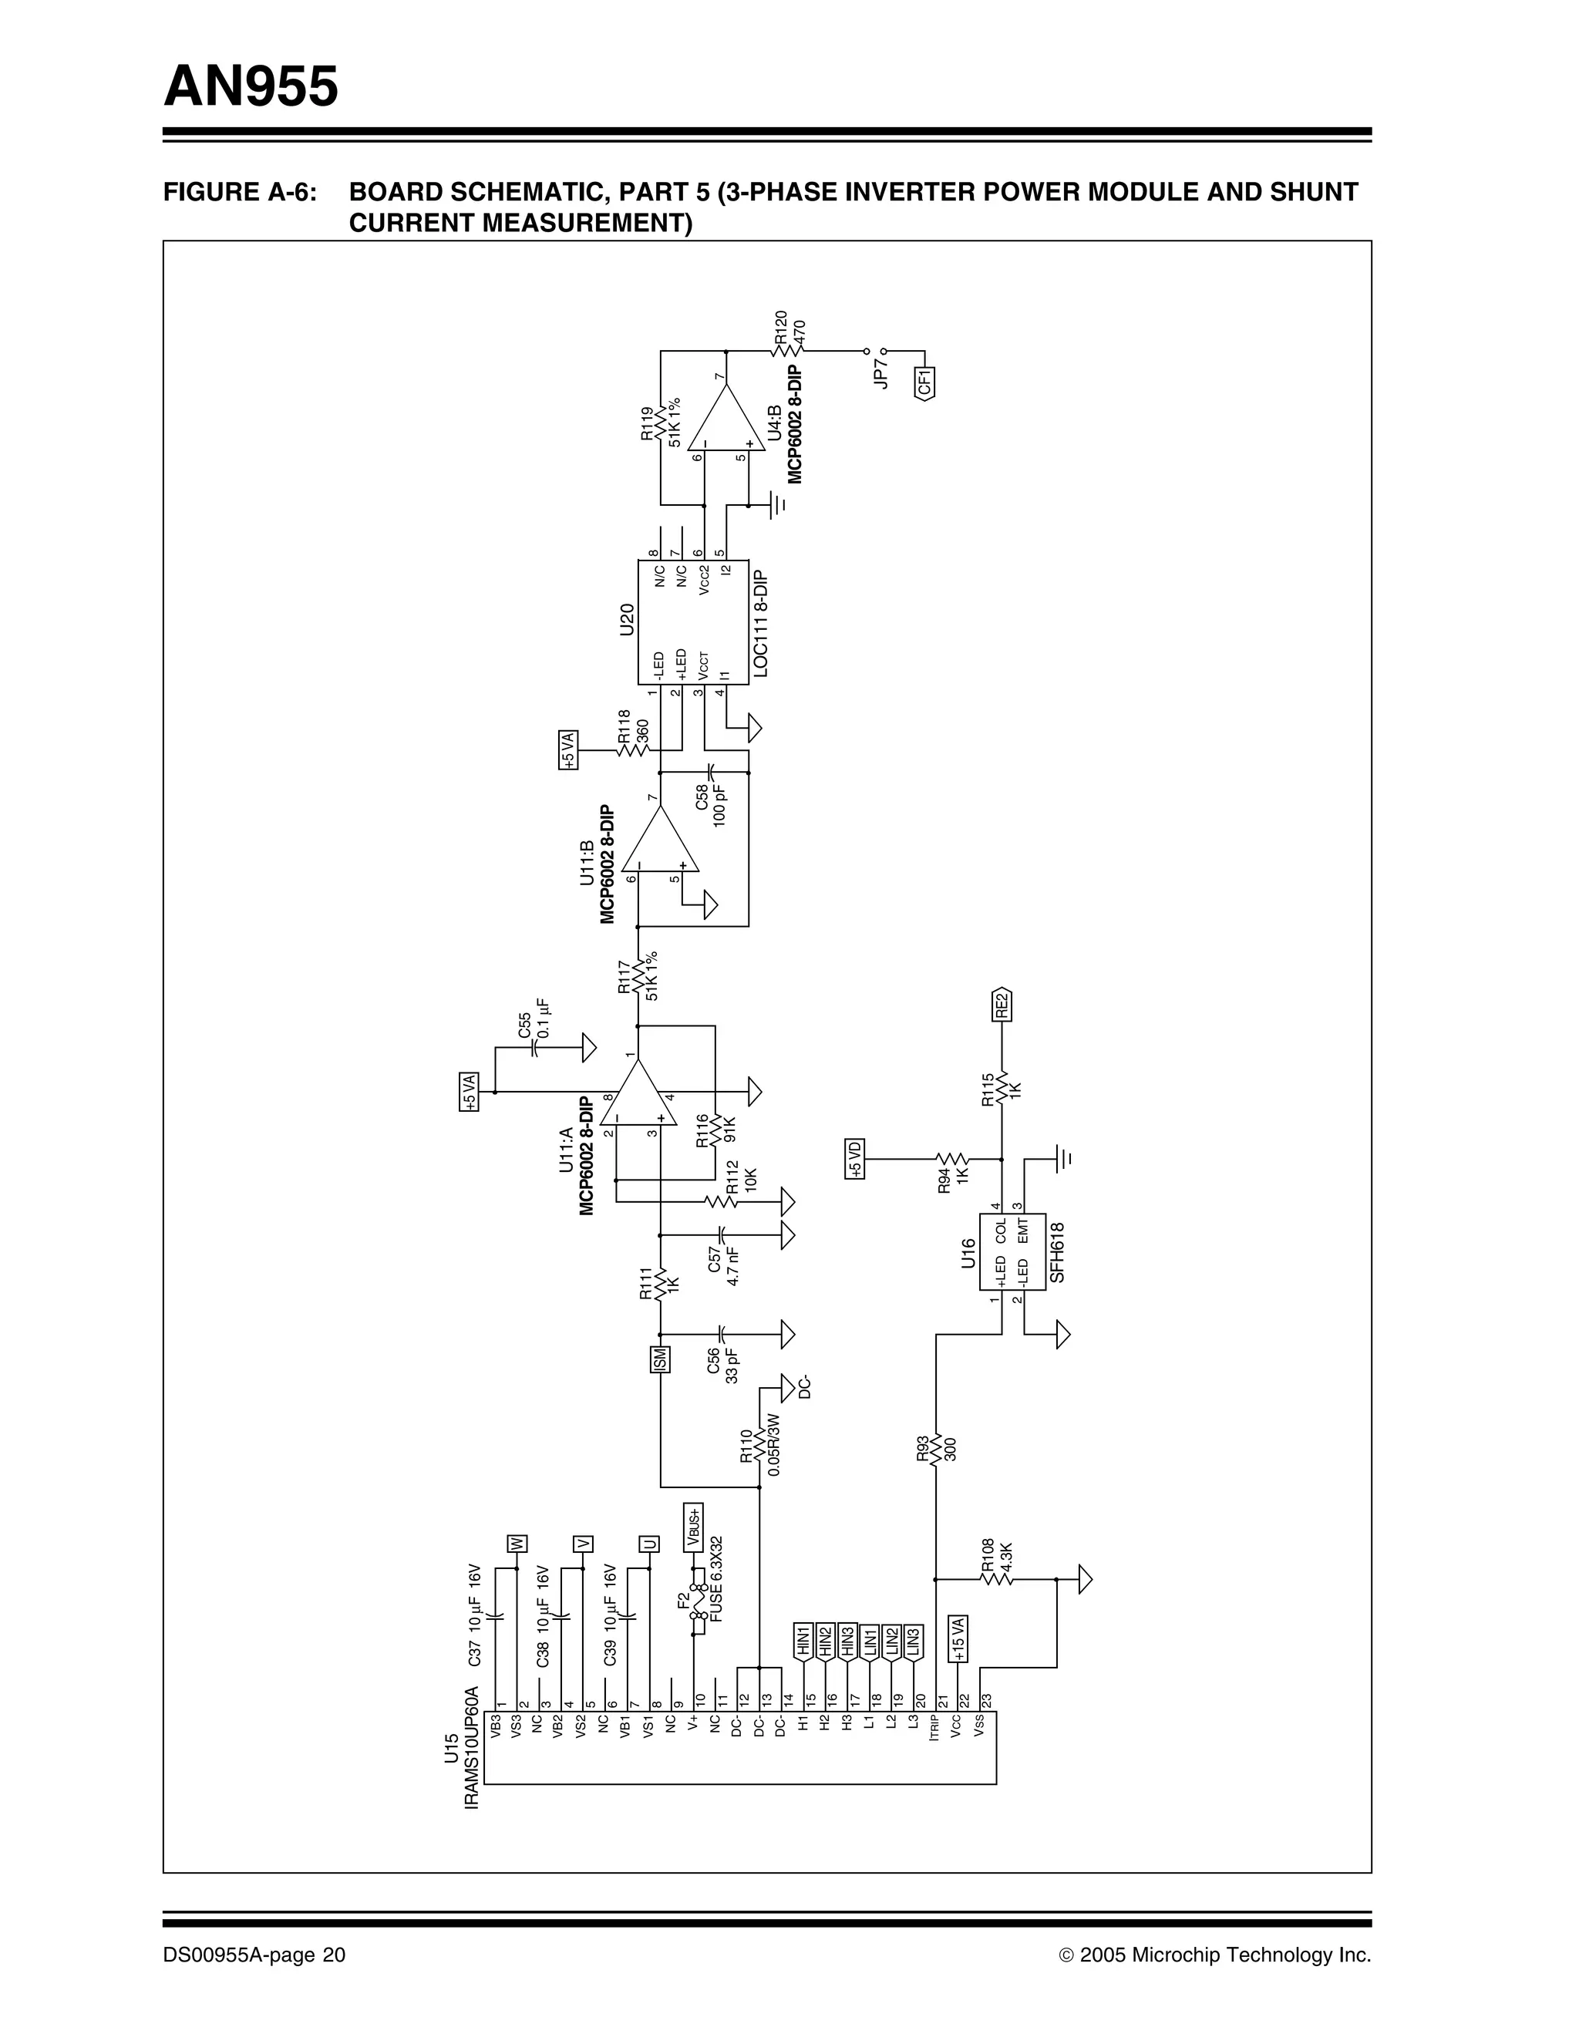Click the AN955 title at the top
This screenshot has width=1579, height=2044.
pos(251,87)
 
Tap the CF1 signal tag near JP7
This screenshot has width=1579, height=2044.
pos(924,382)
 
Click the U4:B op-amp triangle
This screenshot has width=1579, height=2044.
pos(725,419)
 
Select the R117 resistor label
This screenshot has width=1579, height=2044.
pos(625,976)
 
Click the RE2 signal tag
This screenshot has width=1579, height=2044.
pos(1002,1004)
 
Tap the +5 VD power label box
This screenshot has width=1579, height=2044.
pos(853,1160)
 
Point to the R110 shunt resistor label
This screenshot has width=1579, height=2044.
pos(746,1446)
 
